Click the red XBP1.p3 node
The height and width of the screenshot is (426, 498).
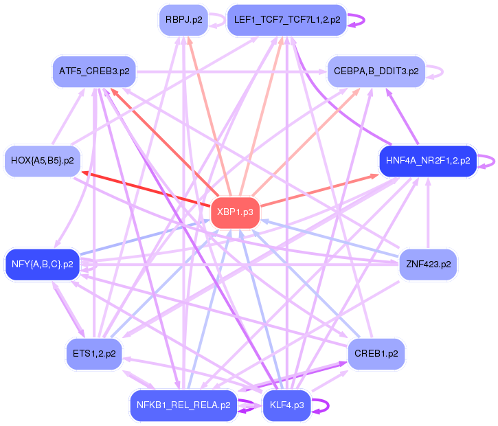click(236, 212)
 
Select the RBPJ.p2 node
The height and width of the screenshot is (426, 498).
click(183, 20)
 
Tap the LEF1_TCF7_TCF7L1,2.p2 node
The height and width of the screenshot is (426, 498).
click(286, 20)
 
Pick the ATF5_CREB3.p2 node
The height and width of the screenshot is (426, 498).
click(95, 71)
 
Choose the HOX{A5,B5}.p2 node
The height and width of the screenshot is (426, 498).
click(43, 161)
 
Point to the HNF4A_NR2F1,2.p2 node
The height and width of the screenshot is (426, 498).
click(427, 161)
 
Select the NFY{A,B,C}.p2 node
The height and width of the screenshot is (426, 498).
click(43, 264)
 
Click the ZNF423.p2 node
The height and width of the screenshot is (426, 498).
click(427, 264)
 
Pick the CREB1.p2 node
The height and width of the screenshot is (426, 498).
click(376, 354)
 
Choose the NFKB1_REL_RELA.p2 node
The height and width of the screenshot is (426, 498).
click(183, 405)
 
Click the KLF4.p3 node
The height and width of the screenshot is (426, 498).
click(287, 405)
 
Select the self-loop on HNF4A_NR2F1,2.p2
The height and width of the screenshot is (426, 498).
click(488, 161)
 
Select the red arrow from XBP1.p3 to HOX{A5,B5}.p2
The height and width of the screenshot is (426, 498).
click(144, 187)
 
